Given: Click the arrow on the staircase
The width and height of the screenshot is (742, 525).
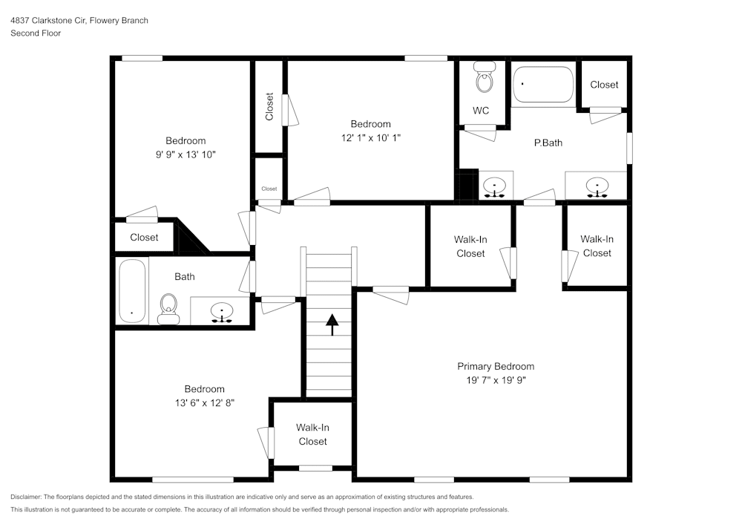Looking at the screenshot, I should point(331,325).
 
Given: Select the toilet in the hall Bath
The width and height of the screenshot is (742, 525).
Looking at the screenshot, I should point(169,307).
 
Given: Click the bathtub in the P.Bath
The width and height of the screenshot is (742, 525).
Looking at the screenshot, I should point(543,85).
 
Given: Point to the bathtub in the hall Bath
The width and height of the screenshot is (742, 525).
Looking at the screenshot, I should point(132,290).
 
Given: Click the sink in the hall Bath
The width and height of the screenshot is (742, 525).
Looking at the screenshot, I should point(221,311).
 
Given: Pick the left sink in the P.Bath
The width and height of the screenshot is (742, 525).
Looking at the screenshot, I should point(494,186).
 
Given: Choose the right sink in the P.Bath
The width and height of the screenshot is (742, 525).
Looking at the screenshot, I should point(596,186).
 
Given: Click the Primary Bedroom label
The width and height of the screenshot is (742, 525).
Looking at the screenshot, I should point(495,366).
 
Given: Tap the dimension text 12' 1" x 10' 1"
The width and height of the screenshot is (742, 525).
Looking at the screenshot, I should point(370,137).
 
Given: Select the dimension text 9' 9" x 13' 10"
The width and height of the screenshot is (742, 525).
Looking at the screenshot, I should point(185,154).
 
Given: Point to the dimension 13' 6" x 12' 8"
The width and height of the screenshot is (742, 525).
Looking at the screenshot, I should point(204,402).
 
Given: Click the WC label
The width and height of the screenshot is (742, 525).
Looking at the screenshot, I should point(481,111).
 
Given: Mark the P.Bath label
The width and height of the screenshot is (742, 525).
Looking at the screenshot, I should point(548,143).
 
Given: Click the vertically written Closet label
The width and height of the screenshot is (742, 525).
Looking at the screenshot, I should point(269,106).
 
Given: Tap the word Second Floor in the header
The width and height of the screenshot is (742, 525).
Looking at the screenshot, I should point(36,33).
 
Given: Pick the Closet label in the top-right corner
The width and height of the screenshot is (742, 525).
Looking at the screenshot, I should point(604,85).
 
